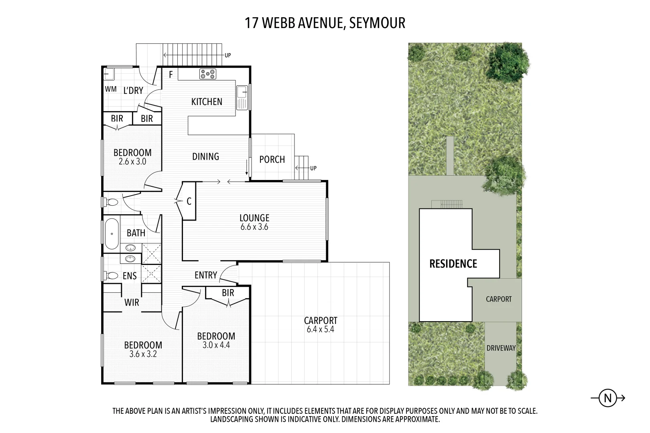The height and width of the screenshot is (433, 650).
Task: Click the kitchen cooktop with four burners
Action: point(208,74)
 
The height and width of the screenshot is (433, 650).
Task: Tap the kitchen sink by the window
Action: point(242,97)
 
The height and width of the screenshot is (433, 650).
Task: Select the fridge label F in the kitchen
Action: point(171,75)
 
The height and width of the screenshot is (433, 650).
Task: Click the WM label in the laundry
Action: point(111,89)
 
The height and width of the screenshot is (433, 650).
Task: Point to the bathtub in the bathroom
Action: point(112,233)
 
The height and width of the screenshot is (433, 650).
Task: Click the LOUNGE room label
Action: point(254,218)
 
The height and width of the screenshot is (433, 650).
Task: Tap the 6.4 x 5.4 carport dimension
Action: point(320,330)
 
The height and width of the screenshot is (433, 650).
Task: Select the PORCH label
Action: point(272,160)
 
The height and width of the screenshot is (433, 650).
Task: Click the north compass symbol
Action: point(607,398)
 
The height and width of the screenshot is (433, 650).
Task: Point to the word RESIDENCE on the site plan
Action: point(453,264)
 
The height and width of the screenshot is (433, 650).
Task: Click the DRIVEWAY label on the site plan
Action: point(501,348)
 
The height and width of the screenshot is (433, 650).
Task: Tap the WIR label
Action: point(132,303)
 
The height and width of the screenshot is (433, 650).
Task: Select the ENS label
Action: point(130,276)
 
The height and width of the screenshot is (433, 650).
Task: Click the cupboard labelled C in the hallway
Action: point(189,201)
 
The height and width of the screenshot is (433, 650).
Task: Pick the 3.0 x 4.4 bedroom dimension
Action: point(216,345)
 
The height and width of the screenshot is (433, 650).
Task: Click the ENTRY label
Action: point(205,275)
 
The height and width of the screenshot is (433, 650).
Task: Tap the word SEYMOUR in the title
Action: point(377,23)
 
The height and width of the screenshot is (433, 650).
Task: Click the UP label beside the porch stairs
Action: point(313,168)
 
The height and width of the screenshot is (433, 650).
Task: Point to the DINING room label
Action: point(205,156)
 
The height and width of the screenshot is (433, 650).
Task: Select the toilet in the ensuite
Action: point(111,276)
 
